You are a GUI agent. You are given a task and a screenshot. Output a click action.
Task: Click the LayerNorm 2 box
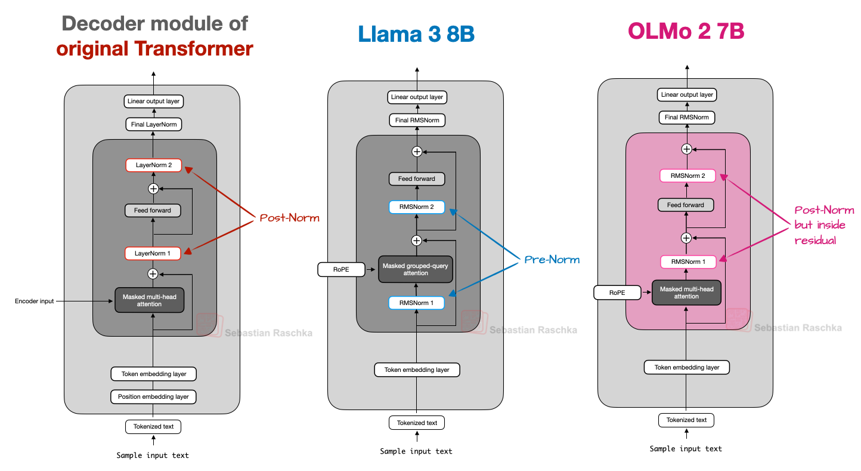(x=153, y=165)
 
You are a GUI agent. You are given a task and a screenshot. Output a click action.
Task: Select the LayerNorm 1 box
(x=153, y=253)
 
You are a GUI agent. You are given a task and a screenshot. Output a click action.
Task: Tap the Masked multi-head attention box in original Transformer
(x=150, y=300)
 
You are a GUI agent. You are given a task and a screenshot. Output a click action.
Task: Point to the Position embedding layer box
(x=153, y=396)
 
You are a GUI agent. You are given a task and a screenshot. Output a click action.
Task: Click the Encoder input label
(x=35, y=301)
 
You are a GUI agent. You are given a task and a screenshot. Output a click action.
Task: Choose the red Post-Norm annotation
(x=289, y=218)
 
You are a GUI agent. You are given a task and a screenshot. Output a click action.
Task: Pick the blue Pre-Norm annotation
(x=552, y=260)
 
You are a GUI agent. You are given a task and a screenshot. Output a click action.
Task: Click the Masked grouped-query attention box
(x=416, y=269)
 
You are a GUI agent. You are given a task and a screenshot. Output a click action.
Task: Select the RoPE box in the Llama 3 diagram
(x=342, y=270)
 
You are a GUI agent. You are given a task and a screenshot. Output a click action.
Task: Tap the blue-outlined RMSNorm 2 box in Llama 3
(x=417, y=207)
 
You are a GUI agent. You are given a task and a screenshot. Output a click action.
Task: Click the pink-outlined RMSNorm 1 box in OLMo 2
(x=687, y=261)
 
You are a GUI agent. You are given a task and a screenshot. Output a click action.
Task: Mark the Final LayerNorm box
(x=153, y=125)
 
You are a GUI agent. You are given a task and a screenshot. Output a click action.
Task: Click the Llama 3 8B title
(x=416, y=34)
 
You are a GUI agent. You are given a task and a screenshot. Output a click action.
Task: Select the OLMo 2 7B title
(x=686, y=31)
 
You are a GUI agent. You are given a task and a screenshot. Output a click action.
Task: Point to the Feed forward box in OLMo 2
(x=686, y=205)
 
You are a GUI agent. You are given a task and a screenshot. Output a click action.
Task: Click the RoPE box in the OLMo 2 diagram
(x=617, y=293)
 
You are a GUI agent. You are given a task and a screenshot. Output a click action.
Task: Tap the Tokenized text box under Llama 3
(x=417, y=423)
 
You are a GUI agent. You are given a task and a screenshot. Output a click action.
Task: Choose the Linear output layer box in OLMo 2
(x=687, y=95)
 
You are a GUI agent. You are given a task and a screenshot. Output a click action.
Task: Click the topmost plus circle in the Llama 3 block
(x=417, y=152)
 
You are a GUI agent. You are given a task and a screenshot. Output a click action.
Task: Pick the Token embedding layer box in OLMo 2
(x=687, y=367)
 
